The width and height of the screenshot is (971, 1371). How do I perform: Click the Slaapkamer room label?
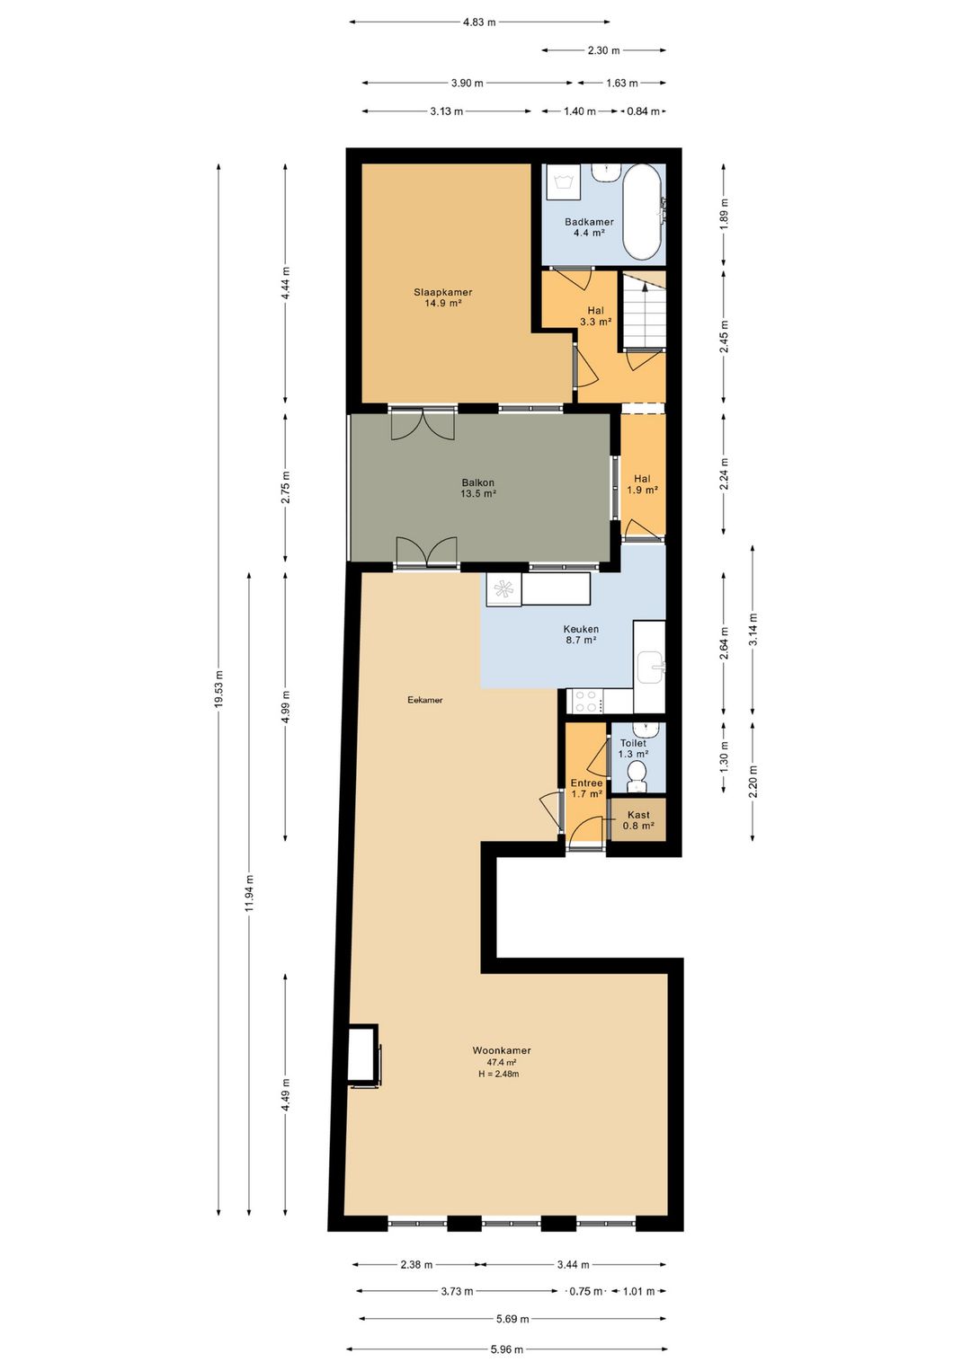click(442, 297)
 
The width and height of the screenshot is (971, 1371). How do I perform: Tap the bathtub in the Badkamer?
click(642, 212)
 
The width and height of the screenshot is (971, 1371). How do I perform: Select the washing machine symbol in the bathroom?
click(563, 181)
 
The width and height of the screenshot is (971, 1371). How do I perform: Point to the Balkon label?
click(477, 488)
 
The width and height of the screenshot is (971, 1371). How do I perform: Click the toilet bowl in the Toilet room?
click(637, 774)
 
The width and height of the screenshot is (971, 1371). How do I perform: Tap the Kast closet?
click(638, 819)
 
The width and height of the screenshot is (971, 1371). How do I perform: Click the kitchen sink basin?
click(651, 668)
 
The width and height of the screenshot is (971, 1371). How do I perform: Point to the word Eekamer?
click(424, 700)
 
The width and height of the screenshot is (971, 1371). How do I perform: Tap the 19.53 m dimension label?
click(218, 690)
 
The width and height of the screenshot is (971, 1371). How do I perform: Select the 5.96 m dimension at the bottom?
click(506, 1349)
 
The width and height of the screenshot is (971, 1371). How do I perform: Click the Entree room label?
click(586, 788)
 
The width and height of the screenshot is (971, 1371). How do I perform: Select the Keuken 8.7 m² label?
click(581, 634)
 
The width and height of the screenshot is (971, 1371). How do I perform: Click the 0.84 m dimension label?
click(643, 111)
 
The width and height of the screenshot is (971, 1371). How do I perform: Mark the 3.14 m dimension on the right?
click(753, 629)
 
